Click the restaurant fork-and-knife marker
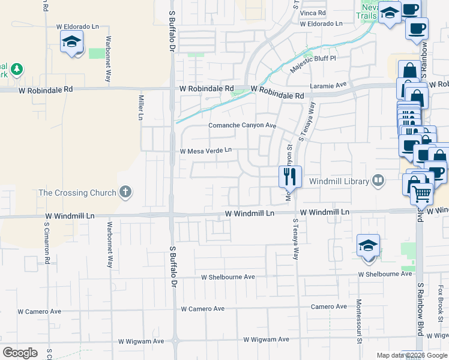[x=289, y=175]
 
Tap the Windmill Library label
[x=339, y=181]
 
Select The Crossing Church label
[x=77, y=193]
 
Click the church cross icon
[x=125, y=192]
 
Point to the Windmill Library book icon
[x=378, y=180]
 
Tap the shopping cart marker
[x=423, y=194]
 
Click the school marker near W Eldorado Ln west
[x=71, y=42]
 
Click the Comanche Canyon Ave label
[x=242, y=125]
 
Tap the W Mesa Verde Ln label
[x=206, y=151]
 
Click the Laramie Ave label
[x=329, y=86]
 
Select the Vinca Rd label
[x=313, y=12]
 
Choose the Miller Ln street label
[x=141, y=106]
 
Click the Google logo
[x=20, y=353]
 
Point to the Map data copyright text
[x=411, y=355]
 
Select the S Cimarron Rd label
[x=47, y=241]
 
